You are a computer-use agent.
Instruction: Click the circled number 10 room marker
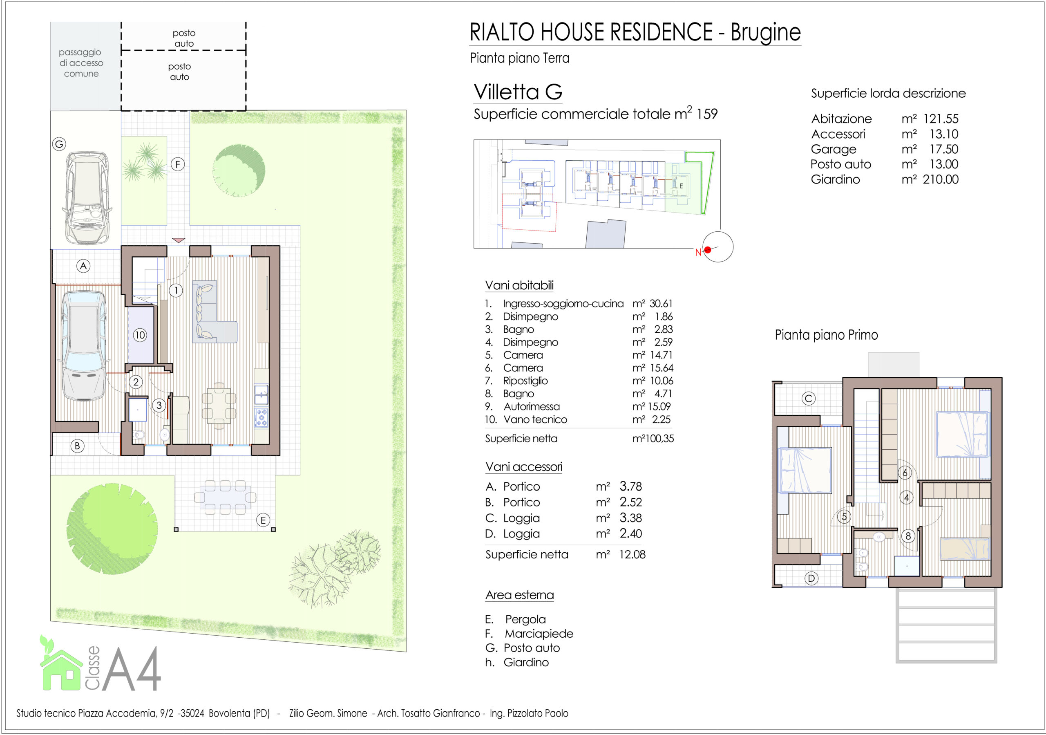(140, 335)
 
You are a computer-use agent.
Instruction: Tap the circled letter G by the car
(59, 144)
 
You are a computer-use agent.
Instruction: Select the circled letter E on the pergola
(263, 520)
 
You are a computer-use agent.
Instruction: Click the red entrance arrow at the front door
(179, 240)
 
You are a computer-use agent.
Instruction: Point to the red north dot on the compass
(708, 250)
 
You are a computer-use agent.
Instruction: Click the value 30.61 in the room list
(661, 303)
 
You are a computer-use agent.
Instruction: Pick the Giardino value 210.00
(940, 179)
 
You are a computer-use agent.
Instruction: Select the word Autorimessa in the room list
(531, 406)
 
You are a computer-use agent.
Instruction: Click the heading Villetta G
(518, 92)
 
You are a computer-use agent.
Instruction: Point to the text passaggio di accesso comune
(81, 63)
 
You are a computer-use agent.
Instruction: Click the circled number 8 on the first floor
(908, 536)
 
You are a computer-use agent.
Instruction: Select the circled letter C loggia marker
(809, 399)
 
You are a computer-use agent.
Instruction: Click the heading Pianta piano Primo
(827, 335)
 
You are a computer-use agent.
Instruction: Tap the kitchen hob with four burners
(261, 417)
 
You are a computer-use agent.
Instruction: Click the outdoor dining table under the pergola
(225, 497)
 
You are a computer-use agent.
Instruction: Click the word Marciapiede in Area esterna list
(539, 633)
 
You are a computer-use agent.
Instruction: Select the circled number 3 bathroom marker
(159, 405)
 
